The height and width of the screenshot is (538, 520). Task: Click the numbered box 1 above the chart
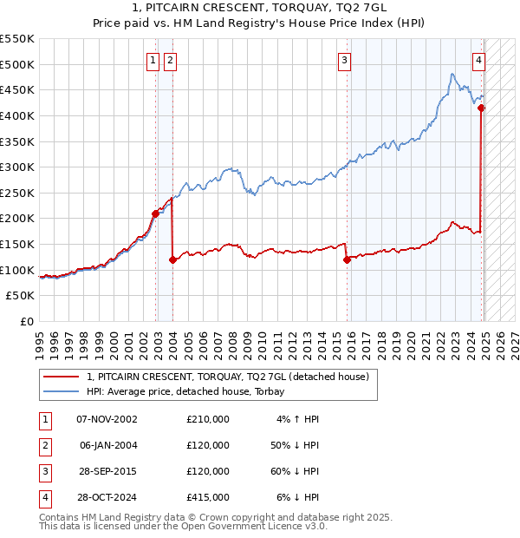[x=153, y=61]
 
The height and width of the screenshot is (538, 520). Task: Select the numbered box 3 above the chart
[x=345, y=61]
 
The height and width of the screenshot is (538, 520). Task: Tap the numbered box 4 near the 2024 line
[x=478, y=61]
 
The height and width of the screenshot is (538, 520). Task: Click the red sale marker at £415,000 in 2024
[x=481, y=108]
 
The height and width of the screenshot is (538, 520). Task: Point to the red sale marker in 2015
[x=347, y=259]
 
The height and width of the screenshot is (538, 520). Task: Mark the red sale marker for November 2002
[x=155, y=213]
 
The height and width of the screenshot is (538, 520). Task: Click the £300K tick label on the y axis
[x=17, y=167]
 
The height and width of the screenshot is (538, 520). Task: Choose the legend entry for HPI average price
[x=192, y=392]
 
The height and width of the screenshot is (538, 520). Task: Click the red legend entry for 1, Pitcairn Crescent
[x=228, y=377]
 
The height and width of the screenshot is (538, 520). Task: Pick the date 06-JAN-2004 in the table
[x=108, y=445]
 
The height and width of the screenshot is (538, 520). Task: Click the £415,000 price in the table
[x=208, y=497]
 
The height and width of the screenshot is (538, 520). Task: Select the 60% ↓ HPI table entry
[x=295, y=471]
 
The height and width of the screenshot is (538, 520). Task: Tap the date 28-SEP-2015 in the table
[x=108, y=471]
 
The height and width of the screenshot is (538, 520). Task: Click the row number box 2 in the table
[x=42, y=445]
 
